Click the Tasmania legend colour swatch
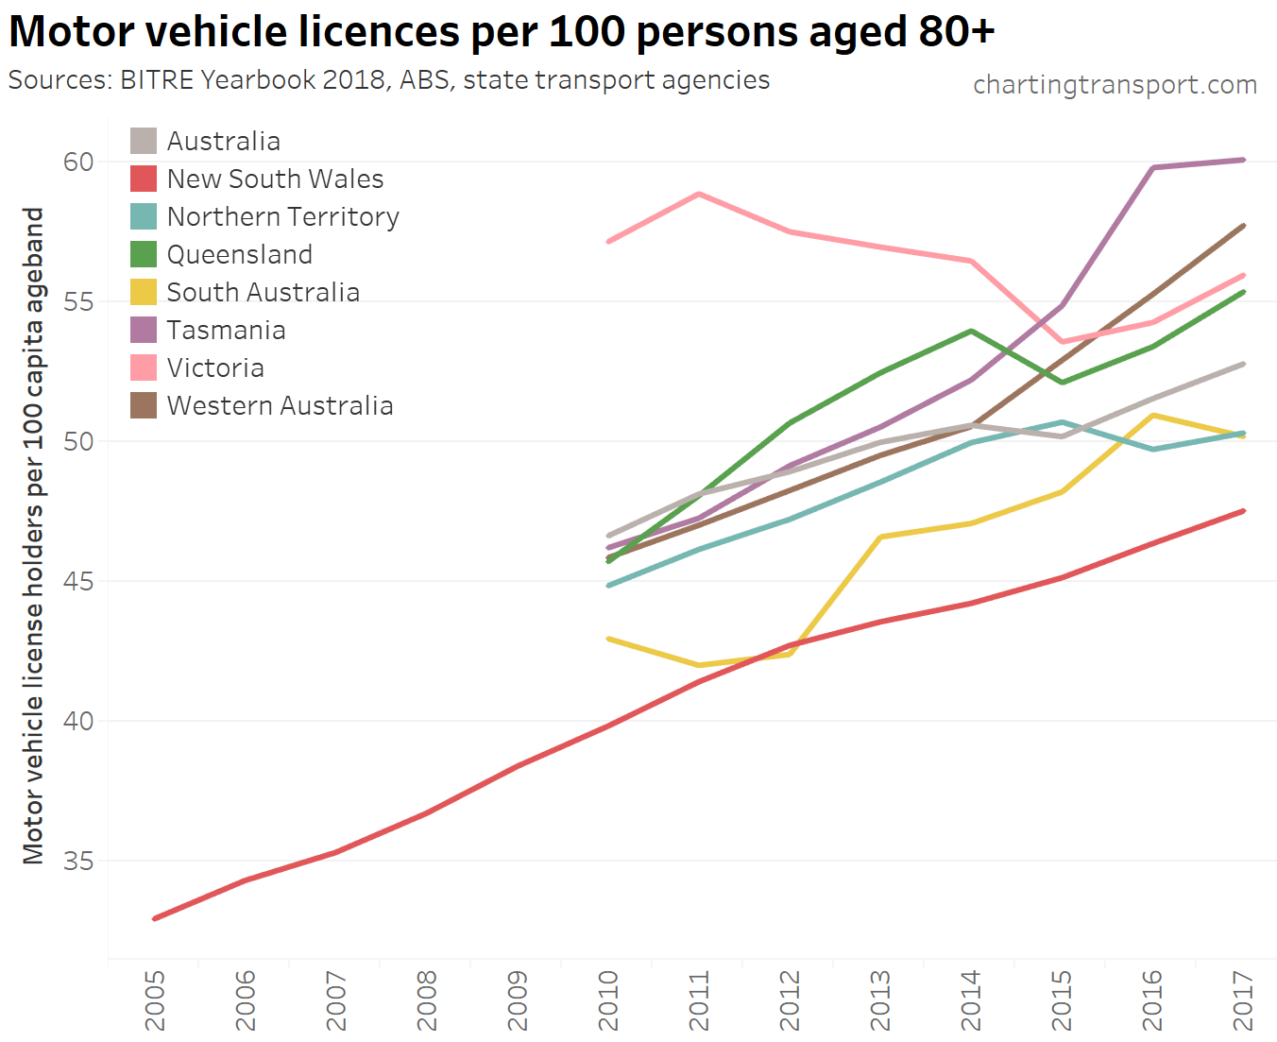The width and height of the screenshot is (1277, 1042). point(144,330)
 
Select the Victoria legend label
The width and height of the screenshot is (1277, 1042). point(215,367)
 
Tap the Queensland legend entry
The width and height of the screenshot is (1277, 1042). point(239,254)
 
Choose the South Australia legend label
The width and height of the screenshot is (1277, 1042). point(263,292)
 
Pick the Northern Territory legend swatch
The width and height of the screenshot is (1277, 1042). point(144,216)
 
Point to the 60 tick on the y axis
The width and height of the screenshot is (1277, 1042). point(79,162)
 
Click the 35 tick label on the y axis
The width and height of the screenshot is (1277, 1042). point(79,861)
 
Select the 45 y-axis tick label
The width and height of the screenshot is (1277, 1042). point(79,581)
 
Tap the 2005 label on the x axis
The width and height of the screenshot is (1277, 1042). point(154,1000)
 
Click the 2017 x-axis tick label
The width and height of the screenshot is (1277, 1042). point(1243,1000)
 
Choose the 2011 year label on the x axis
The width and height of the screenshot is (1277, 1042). point(699,1000)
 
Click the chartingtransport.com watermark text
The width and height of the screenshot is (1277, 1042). point(1115,85)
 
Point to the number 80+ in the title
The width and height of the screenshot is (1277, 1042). point(956,31)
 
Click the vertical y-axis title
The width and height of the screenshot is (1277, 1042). point(34,536)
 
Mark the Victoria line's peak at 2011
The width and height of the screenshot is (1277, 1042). point(699,194)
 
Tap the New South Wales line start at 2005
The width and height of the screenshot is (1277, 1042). point(154,918)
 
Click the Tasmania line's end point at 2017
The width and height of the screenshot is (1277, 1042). point(1243,160)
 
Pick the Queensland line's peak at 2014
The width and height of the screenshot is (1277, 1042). point(971,331)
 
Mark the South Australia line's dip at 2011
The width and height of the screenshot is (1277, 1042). point(699,665)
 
